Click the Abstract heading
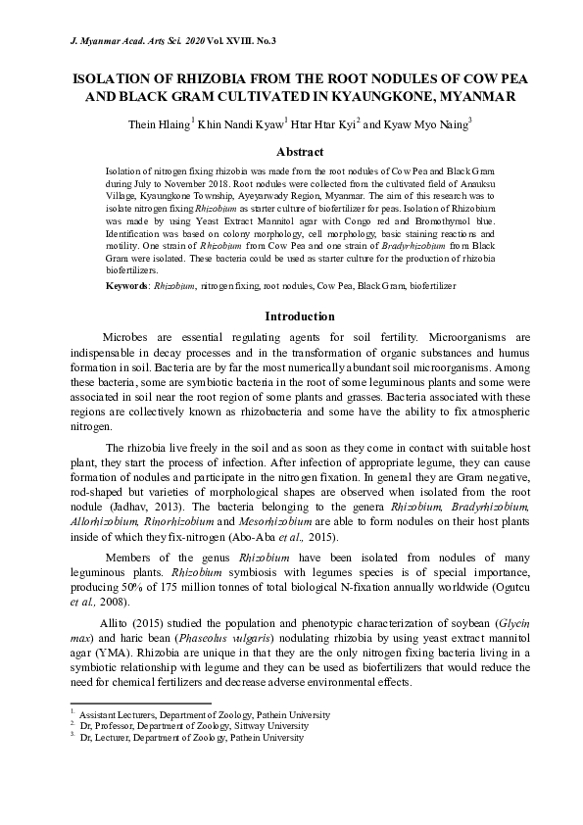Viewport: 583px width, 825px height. (300, 153)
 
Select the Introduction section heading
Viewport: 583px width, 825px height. (300, 316)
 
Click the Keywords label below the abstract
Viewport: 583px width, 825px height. (125, 285)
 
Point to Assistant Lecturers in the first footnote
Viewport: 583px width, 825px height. (114, 715)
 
